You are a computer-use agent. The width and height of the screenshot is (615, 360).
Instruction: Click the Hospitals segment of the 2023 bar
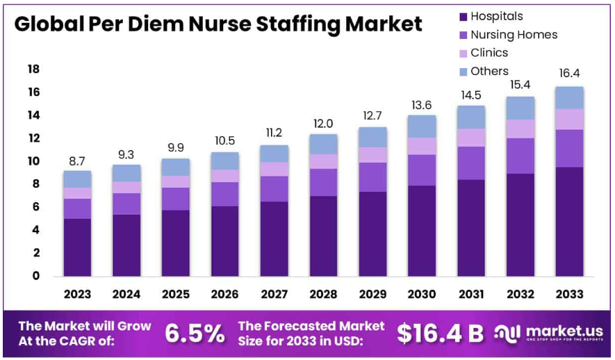point(77,247)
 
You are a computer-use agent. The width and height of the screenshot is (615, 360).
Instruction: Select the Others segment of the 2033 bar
point(569,97)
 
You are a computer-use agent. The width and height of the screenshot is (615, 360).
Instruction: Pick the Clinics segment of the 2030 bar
point(422,146)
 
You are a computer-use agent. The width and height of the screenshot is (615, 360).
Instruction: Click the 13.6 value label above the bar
point(422,104)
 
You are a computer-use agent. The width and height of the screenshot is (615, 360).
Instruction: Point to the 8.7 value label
point(77,160)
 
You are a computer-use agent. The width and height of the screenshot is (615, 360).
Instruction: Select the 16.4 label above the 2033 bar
point(569,74)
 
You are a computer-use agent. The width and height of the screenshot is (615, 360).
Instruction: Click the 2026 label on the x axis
point(224,295)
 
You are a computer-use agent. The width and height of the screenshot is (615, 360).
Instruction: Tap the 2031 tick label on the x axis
point(470,295)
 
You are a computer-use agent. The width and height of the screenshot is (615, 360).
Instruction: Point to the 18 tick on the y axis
point(33,69)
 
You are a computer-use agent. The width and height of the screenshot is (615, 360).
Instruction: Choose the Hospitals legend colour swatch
point(462,16)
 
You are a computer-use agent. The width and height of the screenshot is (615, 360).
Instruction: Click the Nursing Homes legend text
point(514,35)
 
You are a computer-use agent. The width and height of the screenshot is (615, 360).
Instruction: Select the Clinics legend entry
point(489,53)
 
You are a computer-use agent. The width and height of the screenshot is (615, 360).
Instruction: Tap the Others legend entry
point(489,71)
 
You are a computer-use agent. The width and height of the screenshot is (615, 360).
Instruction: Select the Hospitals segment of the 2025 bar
point(175,243)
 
